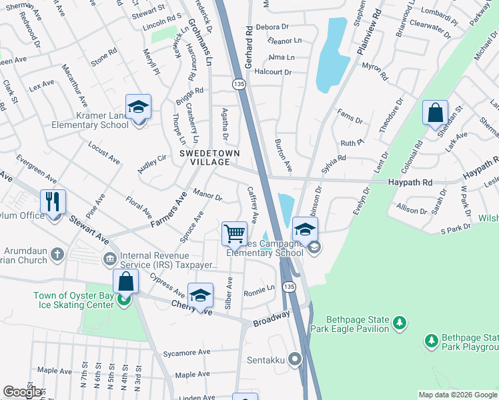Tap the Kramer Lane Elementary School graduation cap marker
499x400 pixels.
[x=138, y=107]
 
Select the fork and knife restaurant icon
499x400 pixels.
[x=53, y=202]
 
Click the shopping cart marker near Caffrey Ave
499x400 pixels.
[x=234, y=233]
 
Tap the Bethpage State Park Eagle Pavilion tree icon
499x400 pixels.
[x=400, y=323]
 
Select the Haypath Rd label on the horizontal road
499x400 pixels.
[x=410, y=182]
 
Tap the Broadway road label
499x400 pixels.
[x=271, y=319]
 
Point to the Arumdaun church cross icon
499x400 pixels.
[x=58, y=253]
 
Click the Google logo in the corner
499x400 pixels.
[x=23, y=393]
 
